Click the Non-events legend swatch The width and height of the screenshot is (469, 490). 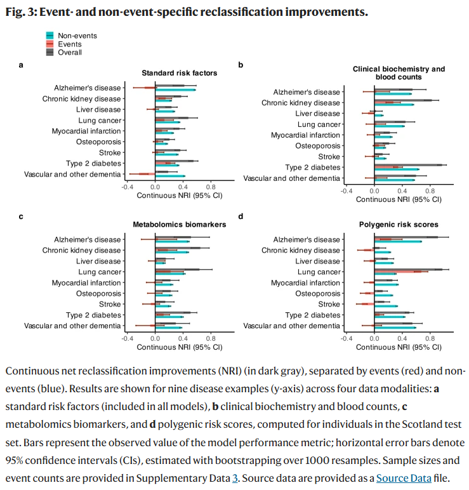(50, 36)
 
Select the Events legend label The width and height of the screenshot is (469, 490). (70, 44)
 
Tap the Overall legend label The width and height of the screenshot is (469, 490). (70, 53)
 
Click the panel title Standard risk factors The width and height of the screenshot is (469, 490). (179, 73)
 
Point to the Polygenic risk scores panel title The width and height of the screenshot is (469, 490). (399, 225)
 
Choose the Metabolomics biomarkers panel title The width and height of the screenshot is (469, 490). (179, 225)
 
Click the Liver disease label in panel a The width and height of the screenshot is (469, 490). (98, 110)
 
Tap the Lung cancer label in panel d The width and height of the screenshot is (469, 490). (319, 272)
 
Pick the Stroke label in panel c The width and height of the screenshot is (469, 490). (110, 305)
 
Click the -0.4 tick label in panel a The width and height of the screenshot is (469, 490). (127, 188)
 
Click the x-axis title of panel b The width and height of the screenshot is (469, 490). (399, 199)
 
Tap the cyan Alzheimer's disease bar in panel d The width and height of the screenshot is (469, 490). (398, 242)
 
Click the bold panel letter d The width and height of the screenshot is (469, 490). (241, 216)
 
